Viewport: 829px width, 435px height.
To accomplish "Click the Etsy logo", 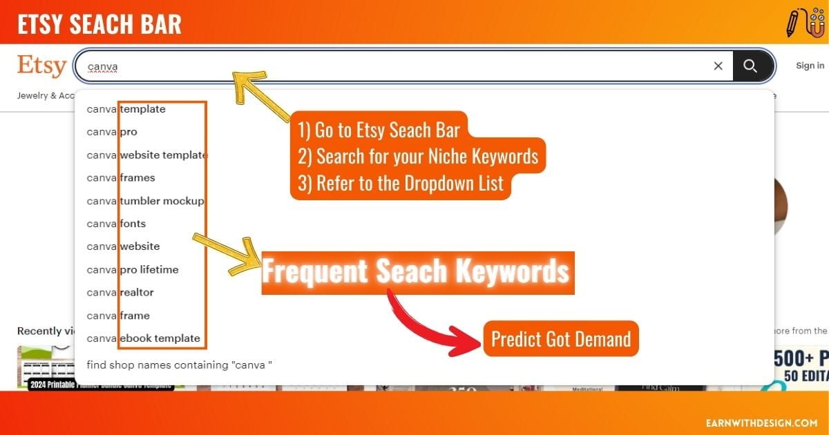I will [x=41, y=66].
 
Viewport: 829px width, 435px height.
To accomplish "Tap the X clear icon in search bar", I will [x=718, y=66].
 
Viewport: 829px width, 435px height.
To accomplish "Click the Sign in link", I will [x=810, y=66].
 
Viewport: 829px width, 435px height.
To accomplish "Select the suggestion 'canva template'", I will [x=126, y=109].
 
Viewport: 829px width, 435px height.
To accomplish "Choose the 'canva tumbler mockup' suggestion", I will [x=145, y=201].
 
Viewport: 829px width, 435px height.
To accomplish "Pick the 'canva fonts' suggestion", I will [x=116, y=224].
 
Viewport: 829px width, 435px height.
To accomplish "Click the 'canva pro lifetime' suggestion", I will [x=133, y=269].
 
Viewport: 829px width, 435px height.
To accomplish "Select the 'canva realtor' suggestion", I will [x=120, y=292].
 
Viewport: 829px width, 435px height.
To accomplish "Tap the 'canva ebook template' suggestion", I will [x=144, y=338].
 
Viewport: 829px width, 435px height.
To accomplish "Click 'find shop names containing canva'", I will [x=180, y=365].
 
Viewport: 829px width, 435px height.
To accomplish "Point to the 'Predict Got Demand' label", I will [x=560, y=339].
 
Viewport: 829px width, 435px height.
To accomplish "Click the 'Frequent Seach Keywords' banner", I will [x=417, y=272].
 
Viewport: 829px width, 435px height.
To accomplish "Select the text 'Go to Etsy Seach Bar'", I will [x=379, y=129].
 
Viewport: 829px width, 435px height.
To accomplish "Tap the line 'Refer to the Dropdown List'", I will [x=401, y=184].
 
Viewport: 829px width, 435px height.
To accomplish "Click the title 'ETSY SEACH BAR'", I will [x=99, y=24].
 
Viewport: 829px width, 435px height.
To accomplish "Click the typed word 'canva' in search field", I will [x=102, y=67].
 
